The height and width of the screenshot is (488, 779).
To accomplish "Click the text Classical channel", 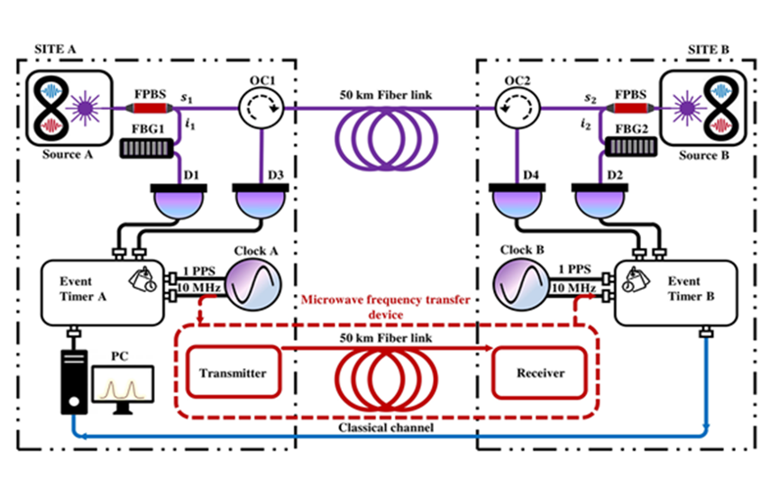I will pos(385,427).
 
